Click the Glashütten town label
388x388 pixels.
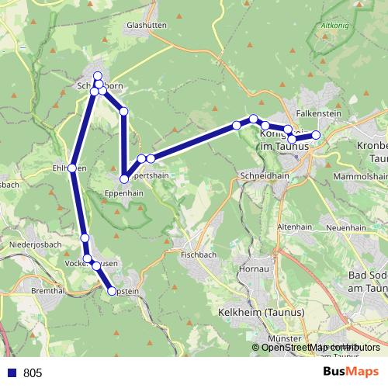(x=145, y=25)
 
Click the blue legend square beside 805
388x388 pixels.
(x=12, y=372)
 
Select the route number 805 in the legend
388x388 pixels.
(x=33, y=372)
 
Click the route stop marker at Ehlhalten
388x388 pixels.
(x=72, y=168)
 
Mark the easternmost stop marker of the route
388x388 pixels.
(x=317, y=135)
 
